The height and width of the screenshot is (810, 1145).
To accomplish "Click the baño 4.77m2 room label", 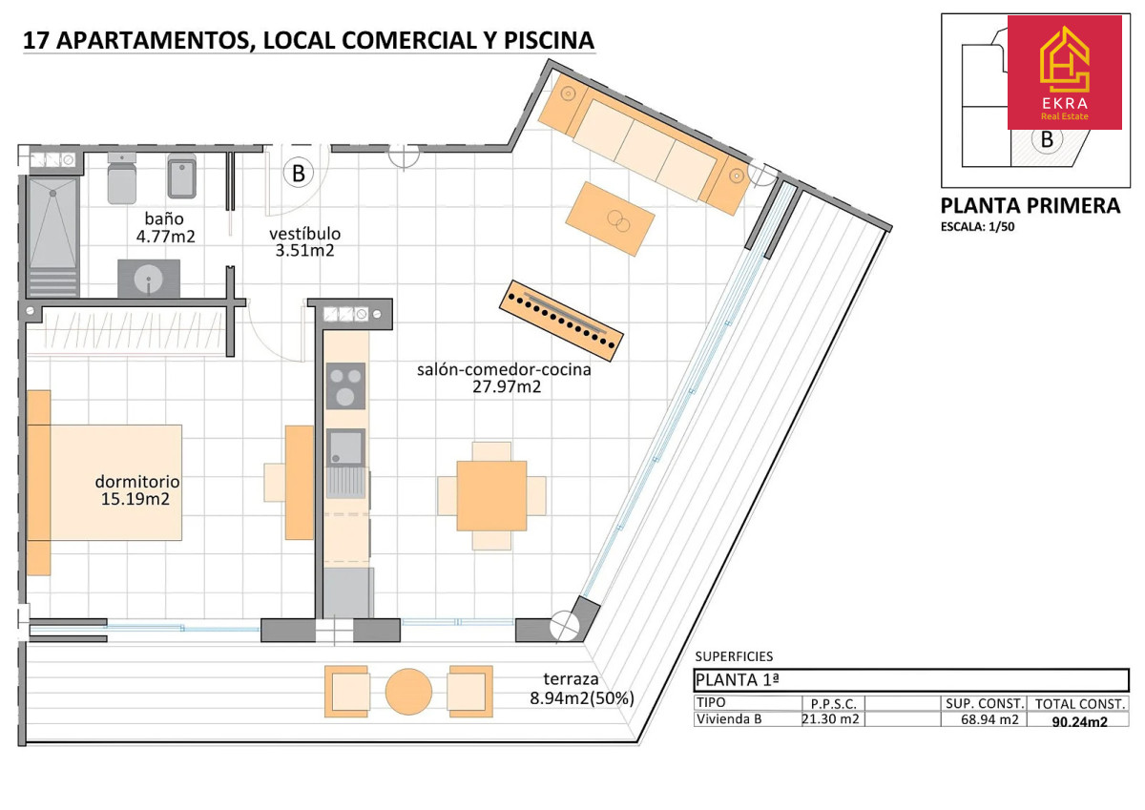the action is (164, 227).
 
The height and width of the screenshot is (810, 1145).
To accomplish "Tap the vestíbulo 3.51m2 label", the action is (304, 241).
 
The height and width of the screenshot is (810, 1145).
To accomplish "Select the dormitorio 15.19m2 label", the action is (137, 490).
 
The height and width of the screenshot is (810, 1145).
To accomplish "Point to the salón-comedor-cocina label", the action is (504, 369).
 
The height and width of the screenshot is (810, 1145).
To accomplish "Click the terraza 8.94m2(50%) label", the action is (582, 689).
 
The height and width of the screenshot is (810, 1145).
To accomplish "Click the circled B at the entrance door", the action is (299, 173).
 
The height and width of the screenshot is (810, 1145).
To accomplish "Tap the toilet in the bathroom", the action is (122, 177).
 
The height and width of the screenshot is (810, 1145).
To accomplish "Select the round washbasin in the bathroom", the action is (148, 279).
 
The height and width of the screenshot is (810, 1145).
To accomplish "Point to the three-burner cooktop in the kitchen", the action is (345, 385).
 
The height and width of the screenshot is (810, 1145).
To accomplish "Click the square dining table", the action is (491, 496).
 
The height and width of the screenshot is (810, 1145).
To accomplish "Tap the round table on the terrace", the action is (408, 692).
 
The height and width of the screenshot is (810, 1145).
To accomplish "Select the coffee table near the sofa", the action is (610, 218).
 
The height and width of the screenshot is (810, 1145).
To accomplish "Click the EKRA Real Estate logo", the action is (1065, 73).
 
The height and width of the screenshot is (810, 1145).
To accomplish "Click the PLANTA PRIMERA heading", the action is (1030, 206).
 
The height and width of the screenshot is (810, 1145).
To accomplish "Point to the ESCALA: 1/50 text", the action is (977, 226).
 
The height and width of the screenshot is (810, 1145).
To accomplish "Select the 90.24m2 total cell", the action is (1079, 721).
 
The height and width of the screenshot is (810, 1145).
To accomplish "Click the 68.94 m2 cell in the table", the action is (989, 719).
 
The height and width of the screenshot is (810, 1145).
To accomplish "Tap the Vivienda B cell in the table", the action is (729, 719).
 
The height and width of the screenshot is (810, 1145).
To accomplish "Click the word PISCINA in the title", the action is (549, 40).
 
